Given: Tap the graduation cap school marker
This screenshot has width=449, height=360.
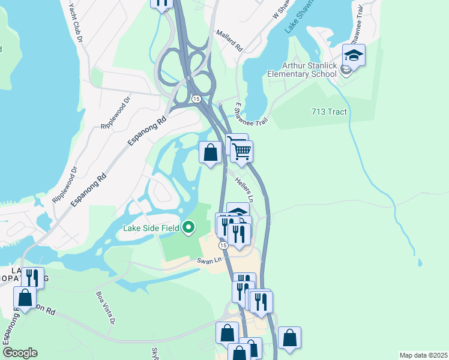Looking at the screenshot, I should tap(354, 56).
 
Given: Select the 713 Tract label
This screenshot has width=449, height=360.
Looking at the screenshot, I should tap(329, 112).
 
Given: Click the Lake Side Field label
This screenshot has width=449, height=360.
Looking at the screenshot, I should tap(152, 227).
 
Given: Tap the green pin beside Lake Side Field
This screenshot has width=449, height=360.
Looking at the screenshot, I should tap(189, 227).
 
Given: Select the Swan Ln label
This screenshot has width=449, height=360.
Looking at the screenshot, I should tap(206, 260).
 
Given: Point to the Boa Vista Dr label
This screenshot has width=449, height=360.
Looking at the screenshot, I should tap(105, 307).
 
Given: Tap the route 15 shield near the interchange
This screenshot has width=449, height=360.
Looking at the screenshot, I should tap(196, 98).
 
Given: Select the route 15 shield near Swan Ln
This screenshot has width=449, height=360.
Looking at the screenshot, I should tap(223, 246).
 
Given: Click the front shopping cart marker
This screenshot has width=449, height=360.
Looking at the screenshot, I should tap(241, 152).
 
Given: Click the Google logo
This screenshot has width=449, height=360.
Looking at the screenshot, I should tap(19, 353).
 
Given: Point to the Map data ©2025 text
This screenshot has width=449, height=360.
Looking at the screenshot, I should tap(423, 355).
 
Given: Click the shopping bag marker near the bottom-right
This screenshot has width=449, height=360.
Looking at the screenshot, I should tap(289, 338).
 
